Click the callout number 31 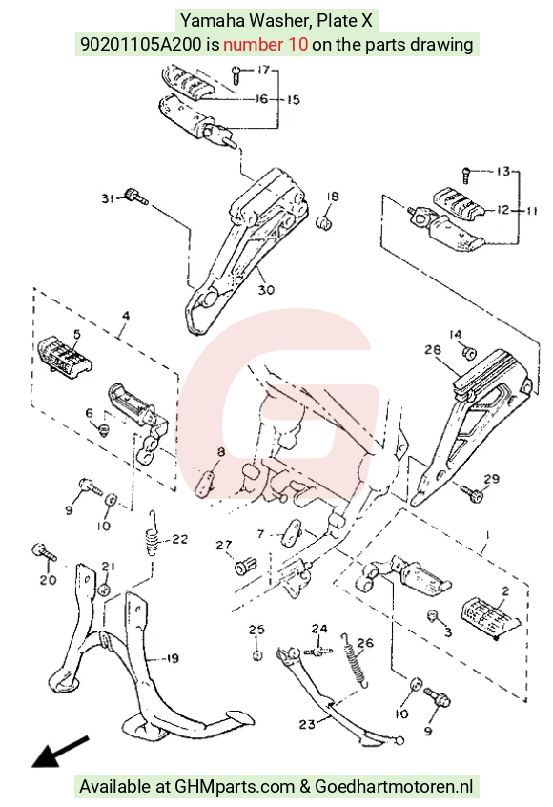click(107, 198)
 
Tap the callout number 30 click(266, 290)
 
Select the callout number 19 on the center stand click(173, 658)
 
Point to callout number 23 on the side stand click(307, 724)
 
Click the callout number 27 click(224, 545)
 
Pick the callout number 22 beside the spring click(180, 539)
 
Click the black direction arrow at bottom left click(60, 752)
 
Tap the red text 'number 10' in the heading click(265, 44)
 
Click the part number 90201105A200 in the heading click(141, 44)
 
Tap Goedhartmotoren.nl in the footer click(394, 786)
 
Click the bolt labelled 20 click(44, 552)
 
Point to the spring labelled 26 click(355, 660)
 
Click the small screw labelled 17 click(236, 74)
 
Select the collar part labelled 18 click(324, 223)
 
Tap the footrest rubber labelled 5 click(64, 355)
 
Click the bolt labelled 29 click(472, 493)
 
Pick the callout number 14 click(455, 335)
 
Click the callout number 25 click(256, 630)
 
